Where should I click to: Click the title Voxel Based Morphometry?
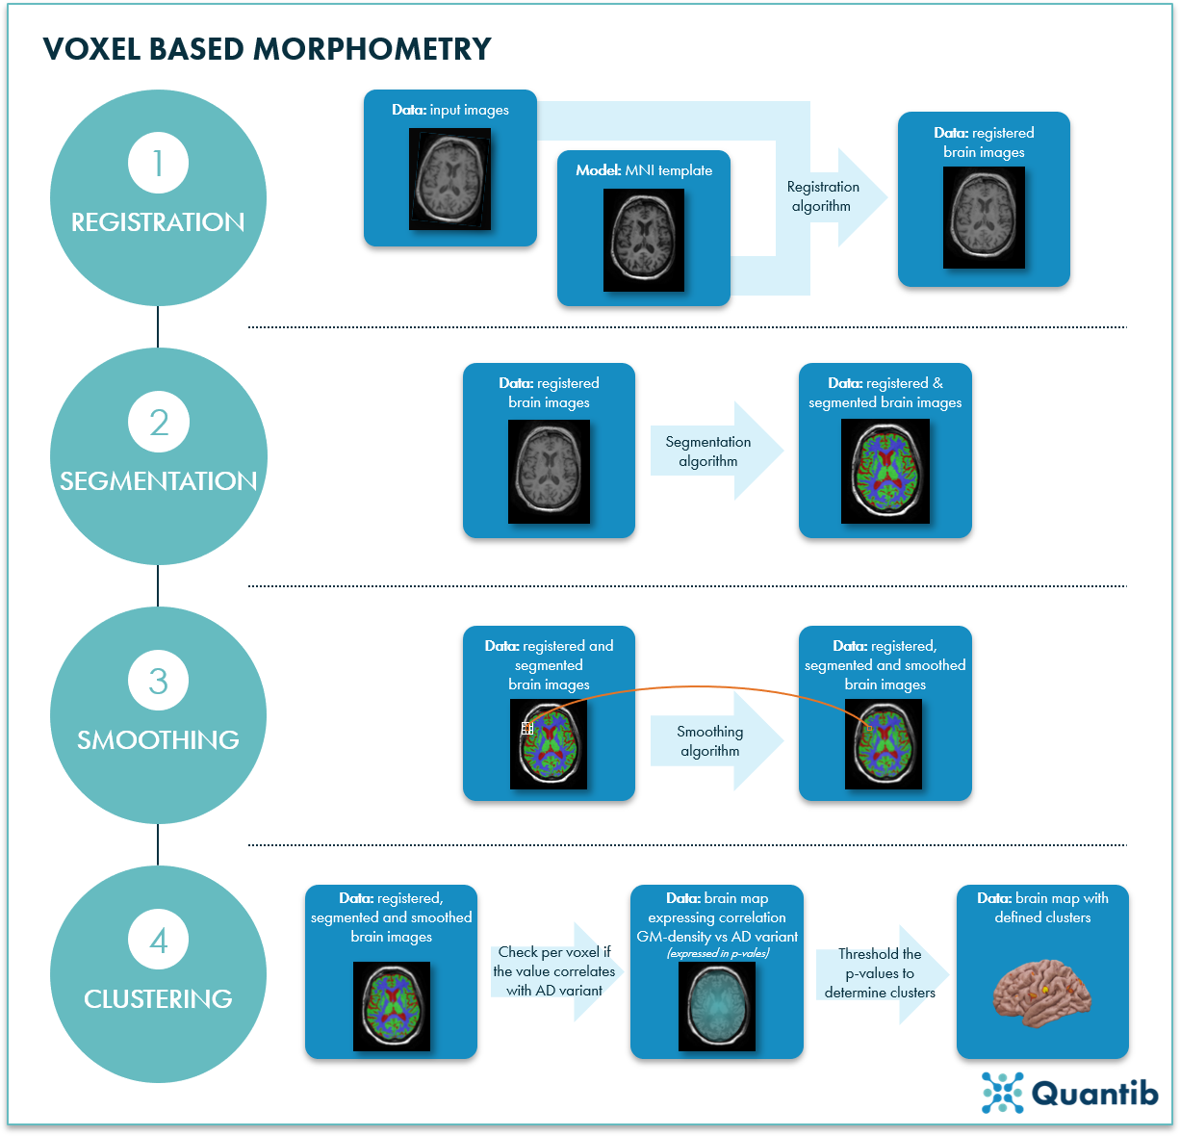point(267,49)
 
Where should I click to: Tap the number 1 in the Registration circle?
point(158,163)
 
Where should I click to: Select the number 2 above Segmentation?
point(158,422)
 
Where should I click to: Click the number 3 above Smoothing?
point(158,681)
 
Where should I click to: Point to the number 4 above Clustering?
point(158,940)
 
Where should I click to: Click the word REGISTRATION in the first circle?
point(158,222)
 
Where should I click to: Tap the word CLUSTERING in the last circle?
point(158,999)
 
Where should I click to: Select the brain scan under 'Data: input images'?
point(449,179)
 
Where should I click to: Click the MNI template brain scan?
point(644,240)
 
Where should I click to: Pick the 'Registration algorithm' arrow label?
point(822,196)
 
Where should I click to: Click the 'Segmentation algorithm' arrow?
point(708,452)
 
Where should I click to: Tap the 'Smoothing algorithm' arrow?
point(710,741)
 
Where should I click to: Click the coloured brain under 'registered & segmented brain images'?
point(885,472)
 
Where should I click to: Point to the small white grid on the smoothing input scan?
point(527,729)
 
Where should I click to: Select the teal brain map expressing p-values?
point(716,1006)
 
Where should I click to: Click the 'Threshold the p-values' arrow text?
point(880,973)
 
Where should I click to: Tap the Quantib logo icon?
point(1002,1093)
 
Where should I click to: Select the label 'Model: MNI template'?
point(644,170)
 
